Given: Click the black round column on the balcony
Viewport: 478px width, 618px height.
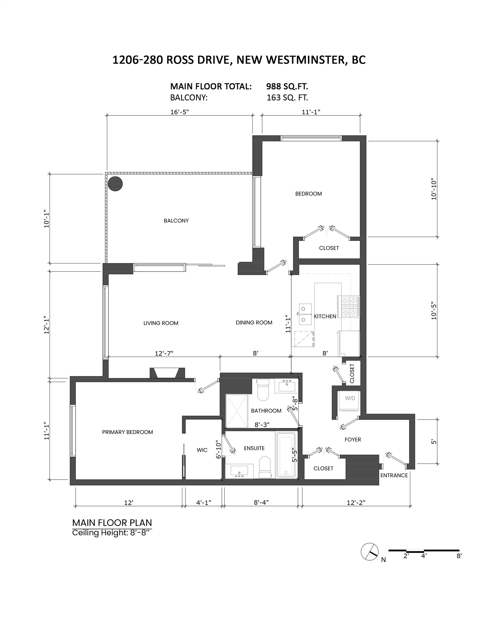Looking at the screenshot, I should pos(115,184).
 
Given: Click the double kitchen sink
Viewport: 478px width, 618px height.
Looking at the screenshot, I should pos(305,314).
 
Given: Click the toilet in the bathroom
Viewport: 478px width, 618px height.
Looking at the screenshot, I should pos(263,390).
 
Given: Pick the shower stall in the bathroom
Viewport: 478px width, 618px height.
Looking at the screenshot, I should pos(237,411).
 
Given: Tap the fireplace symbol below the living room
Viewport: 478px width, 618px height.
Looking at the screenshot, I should pos(167,373).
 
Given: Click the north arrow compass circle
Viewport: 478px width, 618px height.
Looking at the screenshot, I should pos(370,551).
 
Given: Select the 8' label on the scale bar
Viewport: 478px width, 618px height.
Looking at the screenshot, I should pos(459,556).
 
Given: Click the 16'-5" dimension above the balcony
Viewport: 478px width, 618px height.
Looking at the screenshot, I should pos(179,112).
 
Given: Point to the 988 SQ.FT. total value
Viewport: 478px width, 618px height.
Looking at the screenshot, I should pos(287,86).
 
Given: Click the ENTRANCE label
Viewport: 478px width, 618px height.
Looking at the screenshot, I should pos(394,475).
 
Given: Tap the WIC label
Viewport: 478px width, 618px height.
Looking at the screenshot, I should pos(202,450).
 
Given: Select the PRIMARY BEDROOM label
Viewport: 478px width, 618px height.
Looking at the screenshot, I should pos(128,432).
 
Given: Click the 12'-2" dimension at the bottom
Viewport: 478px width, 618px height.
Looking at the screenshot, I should pos(356,502).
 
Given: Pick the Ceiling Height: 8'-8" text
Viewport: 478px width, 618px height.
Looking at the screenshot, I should pos(110,533).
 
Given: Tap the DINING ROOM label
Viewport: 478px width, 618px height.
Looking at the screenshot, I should pos(254,323).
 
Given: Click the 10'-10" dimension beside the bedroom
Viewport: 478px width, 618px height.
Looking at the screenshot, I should pos(434,189).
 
